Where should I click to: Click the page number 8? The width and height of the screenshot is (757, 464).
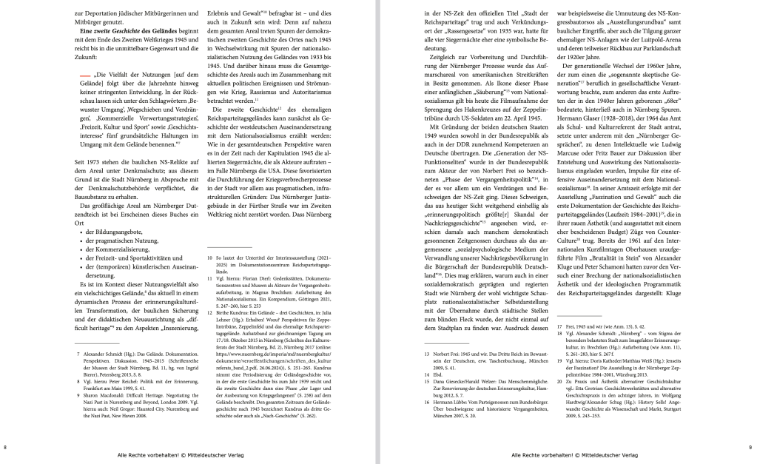click(6, 447)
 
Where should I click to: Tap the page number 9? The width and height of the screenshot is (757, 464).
click(750, 447)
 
